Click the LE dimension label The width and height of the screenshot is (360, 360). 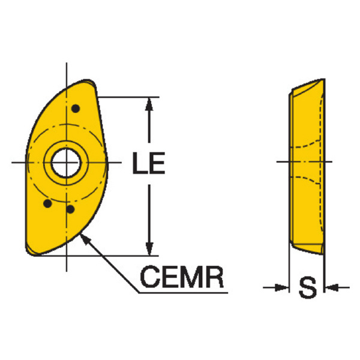(x=149, y=163)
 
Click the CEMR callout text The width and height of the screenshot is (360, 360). (x=182, y=277)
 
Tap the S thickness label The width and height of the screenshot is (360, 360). (x=308, y=287)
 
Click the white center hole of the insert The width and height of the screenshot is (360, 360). (x=66, y=163)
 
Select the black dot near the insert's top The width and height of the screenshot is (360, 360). (x=76, y=109)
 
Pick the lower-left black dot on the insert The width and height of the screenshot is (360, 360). (x=47, y=203)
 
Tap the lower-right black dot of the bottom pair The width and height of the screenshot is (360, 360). (x=70, y=209)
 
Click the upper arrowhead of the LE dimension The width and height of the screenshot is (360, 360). (x=149, y=104)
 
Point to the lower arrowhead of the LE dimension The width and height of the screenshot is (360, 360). (x=149, y=248)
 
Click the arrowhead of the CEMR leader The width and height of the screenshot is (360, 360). (x=85, y=239)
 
